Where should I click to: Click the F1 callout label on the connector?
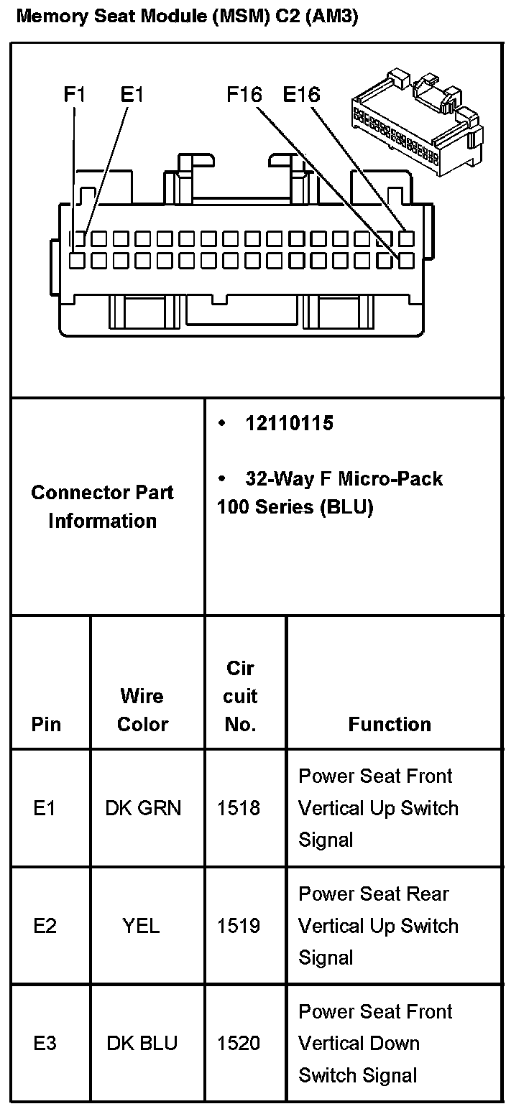75,94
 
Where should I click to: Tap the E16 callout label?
301,94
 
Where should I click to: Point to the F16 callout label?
244,94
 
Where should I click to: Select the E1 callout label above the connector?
132,94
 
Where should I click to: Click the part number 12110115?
289,423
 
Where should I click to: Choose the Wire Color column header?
142,710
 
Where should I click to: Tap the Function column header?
390,724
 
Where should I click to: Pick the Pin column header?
47,724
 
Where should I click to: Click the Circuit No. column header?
240,696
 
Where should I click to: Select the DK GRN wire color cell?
143,808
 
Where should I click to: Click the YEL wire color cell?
141,926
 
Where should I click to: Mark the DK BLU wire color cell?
142,1043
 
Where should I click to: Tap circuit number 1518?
239,808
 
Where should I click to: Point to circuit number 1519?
239,926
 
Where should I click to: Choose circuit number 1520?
239,1043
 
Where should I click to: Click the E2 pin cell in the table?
45,926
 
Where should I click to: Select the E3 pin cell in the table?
45,1043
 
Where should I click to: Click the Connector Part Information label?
102,506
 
